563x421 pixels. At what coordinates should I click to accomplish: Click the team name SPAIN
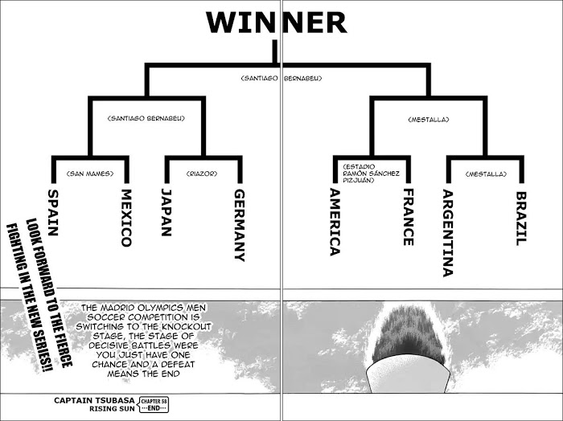(x=53, y=213)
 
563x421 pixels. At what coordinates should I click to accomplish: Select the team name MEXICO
(x=126, y=218)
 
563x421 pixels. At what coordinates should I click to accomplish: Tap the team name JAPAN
(x=166, y=212)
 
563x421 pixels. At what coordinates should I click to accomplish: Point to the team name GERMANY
(x=240, y=225)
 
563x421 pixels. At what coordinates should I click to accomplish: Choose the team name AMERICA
(x=335, y=222)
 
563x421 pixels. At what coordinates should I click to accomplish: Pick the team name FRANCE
(x=409, y=217)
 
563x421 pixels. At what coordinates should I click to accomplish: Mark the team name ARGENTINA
(x=447, y=233)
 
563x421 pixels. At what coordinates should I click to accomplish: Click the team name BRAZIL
(x=521, y=219)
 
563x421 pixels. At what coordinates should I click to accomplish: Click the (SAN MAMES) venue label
(x=90, y=174)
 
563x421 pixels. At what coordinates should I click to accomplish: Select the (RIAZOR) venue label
(x=202, y=174)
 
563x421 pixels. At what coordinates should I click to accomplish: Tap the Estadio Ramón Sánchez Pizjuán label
(x=371, y=174)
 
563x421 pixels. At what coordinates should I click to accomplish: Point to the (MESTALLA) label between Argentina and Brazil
(x=486, y=174)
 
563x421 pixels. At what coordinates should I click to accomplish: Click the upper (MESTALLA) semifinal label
(x=429, y=120)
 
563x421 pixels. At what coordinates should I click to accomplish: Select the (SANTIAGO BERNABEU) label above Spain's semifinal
(x=146, y=118)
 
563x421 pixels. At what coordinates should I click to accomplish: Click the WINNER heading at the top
(x=277, y=22)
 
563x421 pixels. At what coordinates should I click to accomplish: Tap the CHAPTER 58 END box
(x=154, y=405)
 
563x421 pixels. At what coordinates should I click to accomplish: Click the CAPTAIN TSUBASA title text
(x=94, y=401)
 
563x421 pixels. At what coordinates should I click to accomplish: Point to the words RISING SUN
(x=112, y=408)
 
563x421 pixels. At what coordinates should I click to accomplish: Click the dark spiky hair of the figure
(x=408, y=337)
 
